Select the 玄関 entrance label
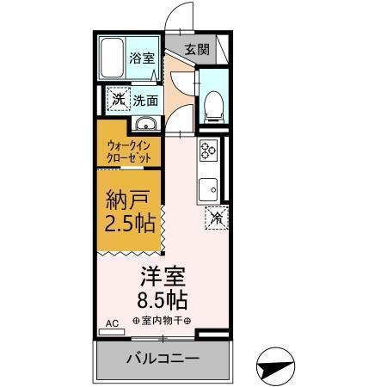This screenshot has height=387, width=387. click(x=196, y=49)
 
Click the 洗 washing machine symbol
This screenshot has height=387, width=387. click(x=116, y=99)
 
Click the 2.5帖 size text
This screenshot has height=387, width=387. click(x=129, y=225)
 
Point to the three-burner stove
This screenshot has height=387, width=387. click(x=209, y=153)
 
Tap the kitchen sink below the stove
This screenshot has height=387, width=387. click(x=209, y=188)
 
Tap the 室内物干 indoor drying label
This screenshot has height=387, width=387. click(x=163, y=321)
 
